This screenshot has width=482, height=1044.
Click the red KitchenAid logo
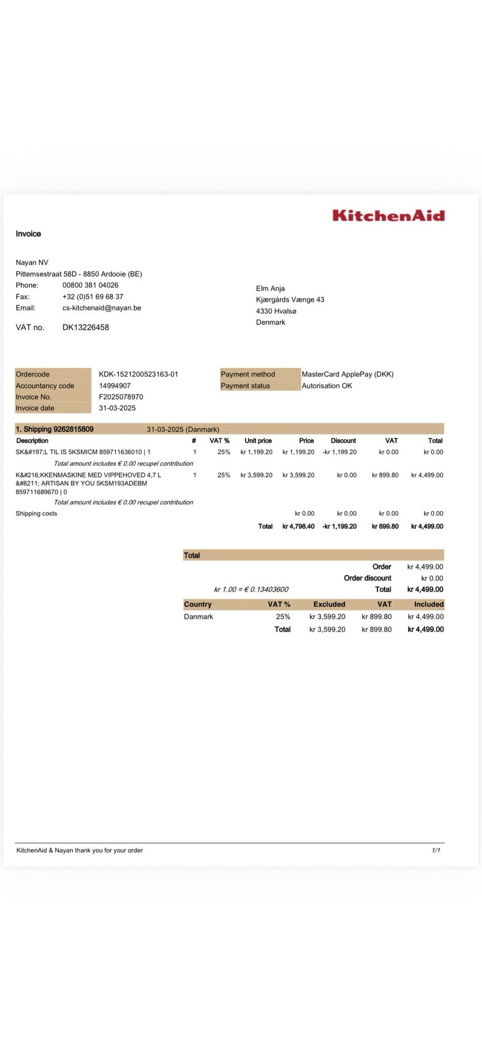point(388,216)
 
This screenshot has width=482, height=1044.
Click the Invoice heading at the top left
point(28,234)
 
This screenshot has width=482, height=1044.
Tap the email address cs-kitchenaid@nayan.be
point(101,307)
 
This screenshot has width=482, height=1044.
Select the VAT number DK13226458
point(85,327)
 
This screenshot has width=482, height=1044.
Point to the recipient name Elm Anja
point(270,288)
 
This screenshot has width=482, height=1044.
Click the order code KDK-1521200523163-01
point(138,374)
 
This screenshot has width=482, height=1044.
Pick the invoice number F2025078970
point(120,396)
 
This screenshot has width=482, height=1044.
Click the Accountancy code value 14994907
point(114,385)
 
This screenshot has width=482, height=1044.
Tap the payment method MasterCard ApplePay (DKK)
point(347,374)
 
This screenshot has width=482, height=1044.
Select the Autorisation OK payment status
point(326,385)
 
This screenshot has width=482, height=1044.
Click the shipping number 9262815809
point(73,429)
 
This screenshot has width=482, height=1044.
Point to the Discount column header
point(343,441)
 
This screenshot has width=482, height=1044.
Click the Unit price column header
point(258,441)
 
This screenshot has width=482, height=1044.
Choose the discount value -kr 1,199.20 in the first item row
point(339,452)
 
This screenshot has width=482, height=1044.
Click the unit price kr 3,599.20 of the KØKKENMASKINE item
point(256,475)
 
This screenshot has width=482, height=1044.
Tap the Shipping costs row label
point(36,513)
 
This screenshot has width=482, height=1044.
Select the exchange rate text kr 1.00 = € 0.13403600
point(251,589)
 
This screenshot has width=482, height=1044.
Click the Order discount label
point(367,578)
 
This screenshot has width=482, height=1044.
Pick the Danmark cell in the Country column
point(198,616)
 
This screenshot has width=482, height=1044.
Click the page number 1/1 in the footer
point(436,850)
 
